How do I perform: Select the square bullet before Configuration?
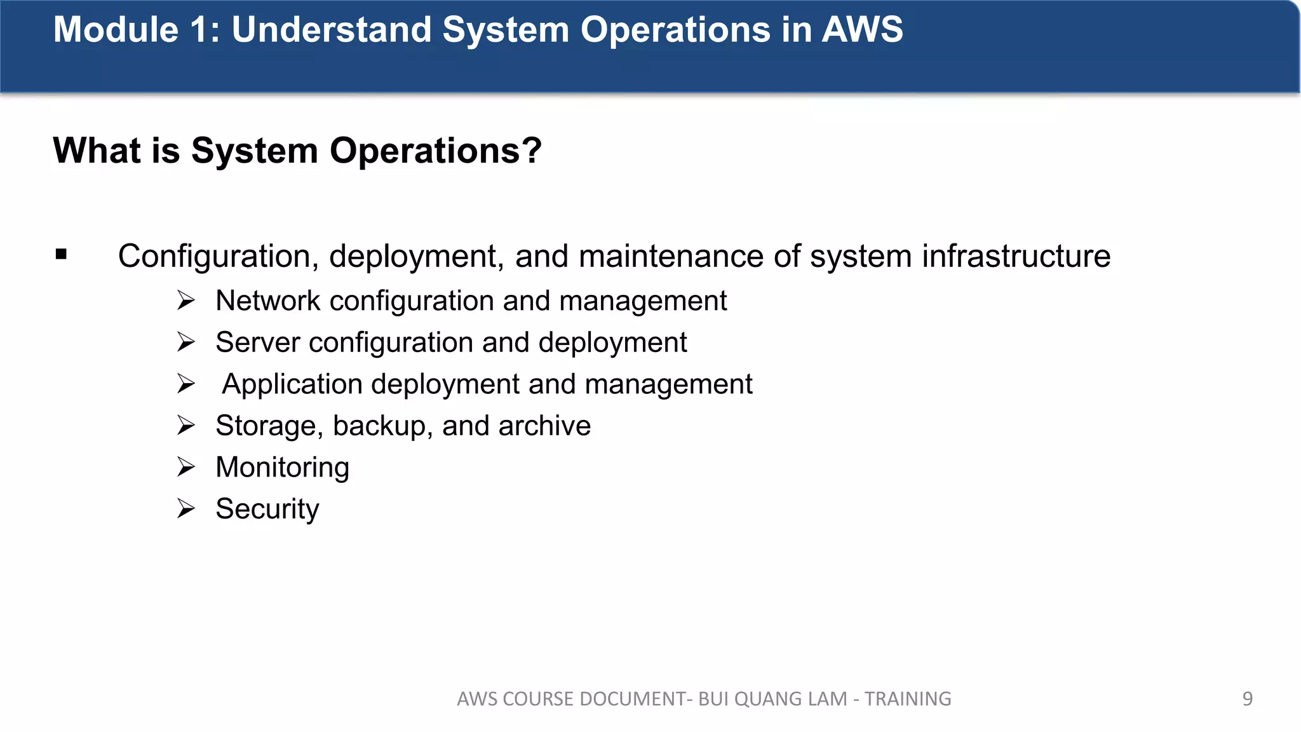click(61, 255)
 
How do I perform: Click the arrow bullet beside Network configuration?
click(186, 301)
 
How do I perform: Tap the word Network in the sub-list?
click(267, 301)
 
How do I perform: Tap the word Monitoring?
click(282, 468)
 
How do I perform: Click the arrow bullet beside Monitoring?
click(186, 467)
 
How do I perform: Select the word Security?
click(267, 509)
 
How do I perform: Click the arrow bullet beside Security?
click(186, 509)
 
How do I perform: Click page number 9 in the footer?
click(1247, 699)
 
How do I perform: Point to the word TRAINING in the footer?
click(908, 699)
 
